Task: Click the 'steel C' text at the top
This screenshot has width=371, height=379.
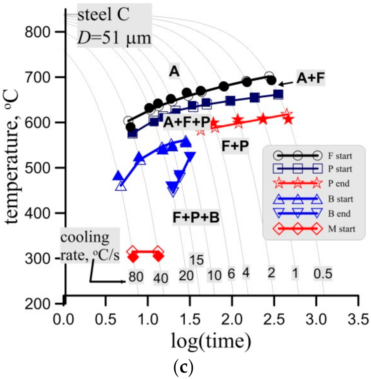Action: point(103,15)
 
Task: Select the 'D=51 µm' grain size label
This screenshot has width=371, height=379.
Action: point(114,38)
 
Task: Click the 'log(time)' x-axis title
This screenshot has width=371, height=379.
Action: point(211,340)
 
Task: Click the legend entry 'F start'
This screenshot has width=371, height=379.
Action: point(340,156)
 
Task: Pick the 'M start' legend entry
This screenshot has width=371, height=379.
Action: point(341,229)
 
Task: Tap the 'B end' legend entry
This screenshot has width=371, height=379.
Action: point(339,214)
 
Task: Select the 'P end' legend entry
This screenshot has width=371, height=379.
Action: point(339,183)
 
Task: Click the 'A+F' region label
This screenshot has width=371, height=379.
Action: point(310,78)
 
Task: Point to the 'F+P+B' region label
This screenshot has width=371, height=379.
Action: point(196,217)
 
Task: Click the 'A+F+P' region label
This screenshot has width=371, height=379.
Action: point(187,123)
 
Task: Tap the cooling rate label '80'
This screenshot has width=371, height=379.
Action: point(136,276)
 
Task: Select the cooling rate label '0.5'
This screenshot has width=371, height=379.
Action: point(323,273)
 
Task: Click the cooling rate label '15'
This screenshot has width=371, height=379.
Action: point(197,260)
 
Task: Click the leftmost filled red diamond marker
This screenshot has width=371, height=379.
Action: point(133,257)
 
